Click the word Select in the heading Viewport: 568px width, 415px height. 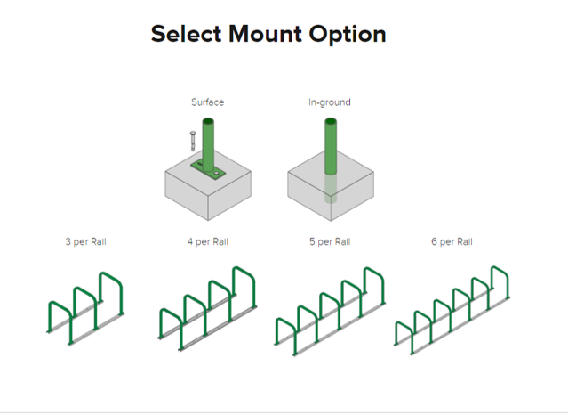tap(186, 34)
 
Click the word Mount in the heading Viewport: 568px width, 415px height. tap(265, 34)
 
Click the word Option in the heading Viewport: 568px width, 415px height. tap(348, 35)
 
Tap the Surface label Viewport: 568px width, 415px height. tap(208, 102)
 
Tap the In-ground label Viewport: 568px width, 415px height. tap(330, 102)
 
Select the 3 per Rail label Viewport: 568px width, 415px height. tap(86, 242)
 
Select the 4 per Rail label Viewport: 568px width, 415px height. tap(208, 242)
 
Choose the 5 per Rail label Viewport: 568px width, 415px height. tap(330, 242)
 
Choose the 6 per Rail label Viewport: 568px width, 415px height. tap(452, 242)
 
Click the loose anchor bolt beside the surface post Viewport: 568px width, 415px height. tap(193, 141)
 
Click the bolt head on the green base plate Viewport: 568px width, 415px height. tap(217, 174)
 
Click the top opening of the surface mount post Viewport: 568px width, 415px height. tap(208, 121)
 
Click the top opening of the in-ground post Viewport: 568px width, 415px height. tap(331, 121)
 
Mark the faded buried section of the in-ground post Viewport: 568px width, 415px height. tap(331, 188)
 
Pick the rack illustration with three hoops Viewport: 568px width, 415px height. tap(86, 308)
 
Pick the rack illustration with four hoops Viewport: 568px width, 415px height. tap(208, 309)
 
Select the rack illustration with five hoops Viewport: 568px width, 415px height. tap(330, 311)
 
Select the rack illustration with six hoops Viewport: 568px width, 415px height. tap(452, 311)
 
